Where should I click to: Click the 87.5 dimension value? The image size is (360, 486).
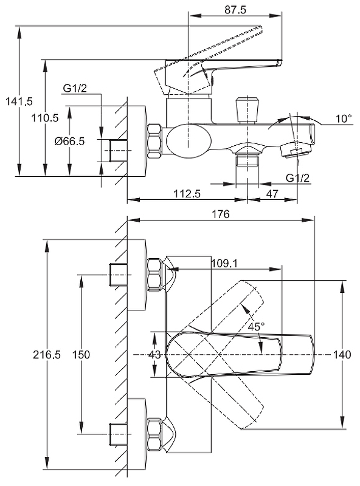coord(235,10)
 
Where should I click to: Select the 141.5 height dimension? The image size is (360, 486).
coord(19,101)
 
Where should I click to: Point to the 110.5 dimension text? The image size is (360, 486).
coord(45,118)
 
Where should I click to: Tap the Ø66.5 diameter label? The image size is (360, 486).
coord(69,142)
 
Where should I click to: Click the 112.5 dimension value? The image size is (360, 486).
coord(187,194)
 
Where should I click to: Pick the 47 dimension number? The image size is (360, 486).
coord(272,194)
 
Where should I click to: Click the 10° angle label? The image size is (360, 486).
coord(344,118)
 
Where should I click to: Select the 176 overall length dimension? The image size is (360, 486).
coord(221,214)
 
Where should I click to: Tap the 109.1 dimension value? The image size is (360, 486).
coord(224,264)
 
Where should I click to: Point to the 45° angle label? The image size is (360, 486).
coord(257,326)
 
